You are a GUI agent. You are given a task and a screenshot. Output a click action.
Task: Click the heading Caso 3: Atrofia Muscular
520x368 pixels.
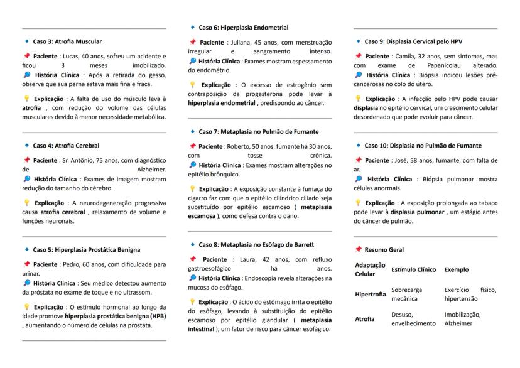click(x=67, y=41)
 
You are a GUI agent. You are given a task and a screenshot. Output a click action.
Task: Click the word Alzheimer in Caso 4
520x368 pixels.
click(x=151, y=170)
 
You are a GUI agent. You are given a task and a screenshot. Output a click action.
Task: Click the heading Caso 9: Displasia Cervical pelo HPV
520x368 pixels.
click(x=413, y=41)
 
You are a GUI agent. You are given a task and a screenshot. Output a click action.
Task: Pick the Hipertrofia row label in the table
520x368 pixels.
click(x=371, y=293)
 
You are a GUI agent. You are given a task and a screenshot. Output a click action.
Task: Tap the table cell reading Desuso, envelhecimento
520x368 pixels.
click(x=413, y=318)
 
